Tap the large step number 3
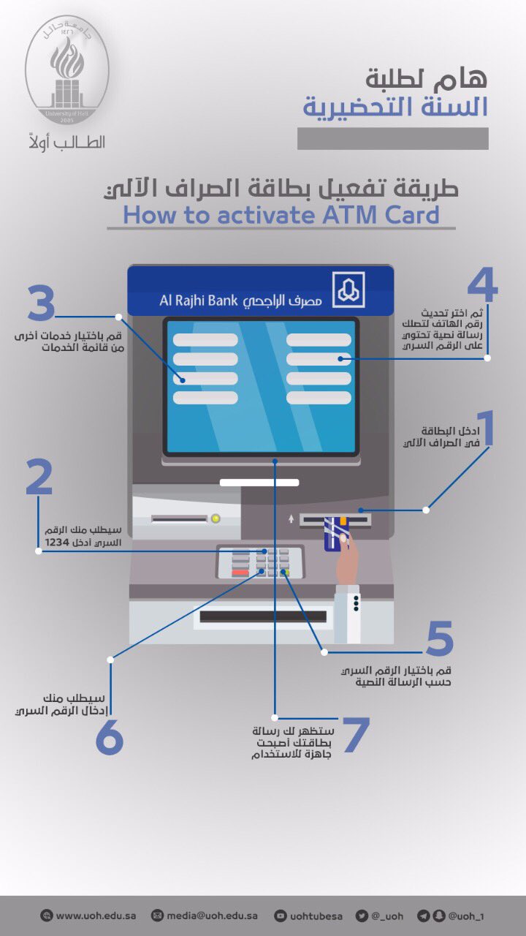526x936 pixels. pos(42,304)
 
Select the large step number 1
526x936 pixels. pos(484,429)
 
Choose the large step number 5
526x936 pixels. pos(440,638)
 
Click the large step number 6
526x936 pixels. pos(110,739)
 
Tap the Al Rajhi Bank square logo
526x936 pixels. pos(349,290)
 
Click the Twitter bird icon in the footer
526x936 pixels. pos(362,916)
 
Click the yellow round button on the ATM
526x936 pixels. pos(215,518)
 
